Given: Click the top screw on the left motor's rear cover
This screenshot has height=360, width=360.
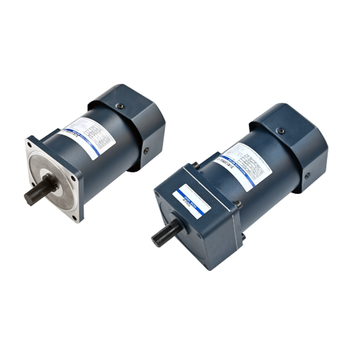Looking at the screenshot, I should pyautogui.click(x=120, y=106).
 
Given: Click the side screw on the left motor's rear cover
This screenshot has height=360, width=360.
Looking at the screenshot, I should pyautogui.click(x=146, y=151).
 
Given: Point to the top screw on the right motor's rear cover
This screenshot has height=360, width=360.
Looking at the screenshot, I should pyautogui.click(x=281, y=131).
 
